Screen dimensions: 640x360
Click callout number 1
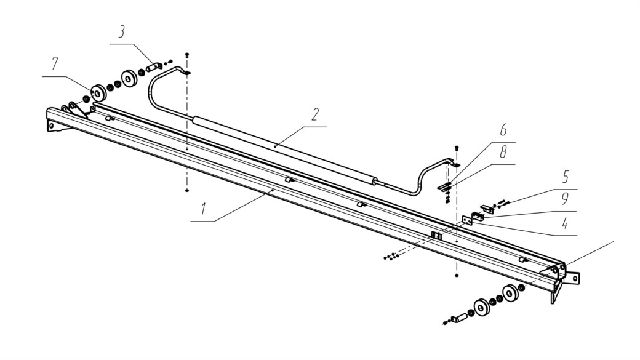tap(202, 209)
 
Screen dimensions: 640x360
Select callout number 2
tap(314, 114)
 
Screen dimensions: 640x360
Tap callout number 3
tap(121, 32)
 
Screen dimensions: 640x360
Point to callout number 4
tap(565, 223)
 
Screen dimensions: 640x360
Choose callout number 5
tap(566, 177)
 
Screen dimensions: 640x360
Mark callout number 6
tap(503, 130)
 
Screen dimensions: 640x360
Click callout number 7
tap(55, 64)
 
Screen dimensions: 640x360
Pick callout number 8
tap(503, 152)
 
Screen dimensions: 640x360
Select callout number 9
tap(566, 199)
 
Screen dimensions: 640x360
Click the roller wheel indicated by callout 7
tap(98, 93)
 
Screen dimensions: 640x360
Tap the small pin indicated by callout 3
tap(153, 66)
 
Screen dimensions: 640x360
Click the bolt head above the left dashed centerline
tap(187, 55)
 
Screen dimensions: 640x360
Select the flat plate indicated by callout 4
tap(467, 220)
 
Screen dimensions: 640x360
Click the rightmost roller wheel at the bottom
tap(510, 293)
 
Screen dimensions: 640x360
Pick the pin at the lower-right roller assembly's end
tap(458, 316)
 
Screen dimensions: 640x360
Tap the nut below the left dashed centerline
tap(187, 191)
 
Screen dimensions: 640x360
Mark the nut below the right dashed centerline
tap(456, 276)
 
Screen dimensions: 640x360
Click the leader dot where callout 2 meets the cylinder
tap(276, 145)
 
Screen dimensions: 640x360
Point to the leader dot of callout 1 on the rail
tap(273, 190)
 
